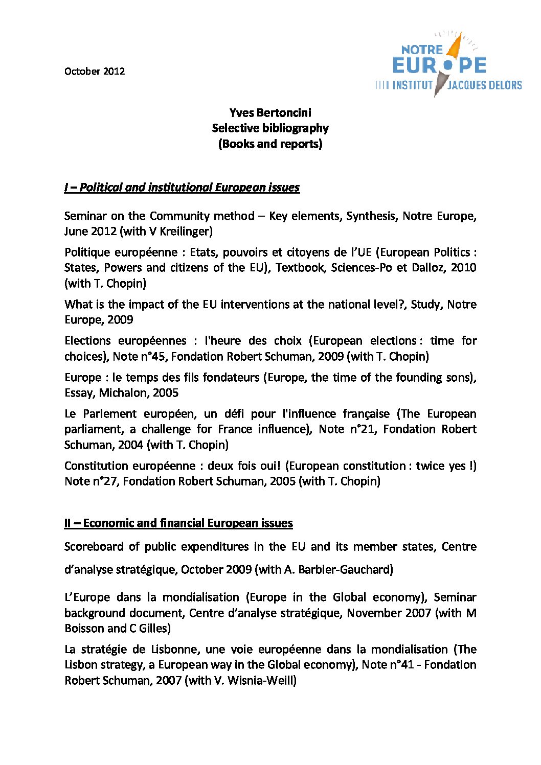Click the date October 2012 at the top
point(95,72)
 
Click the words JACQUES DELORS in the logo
point(484,85)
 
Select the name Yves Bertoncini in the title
point(270,113)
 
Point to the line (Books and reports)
point(270,144)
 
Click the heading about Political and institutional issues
point(182,188)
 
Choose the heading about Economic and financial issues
point(178,523)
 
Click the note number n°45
point(152,357)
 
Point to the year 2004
point(130,445)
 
